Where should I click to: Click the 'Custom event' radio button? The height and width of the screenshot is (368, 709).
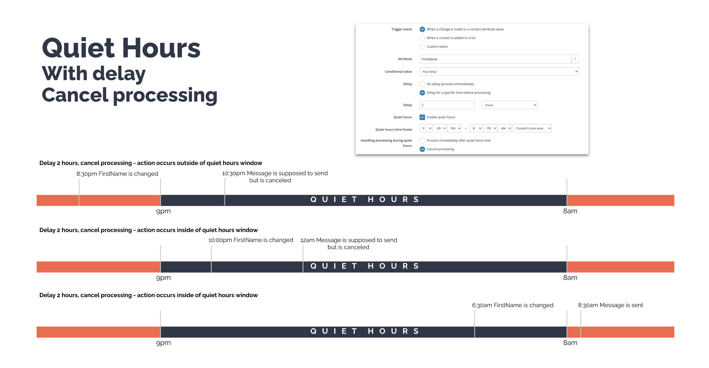(422, 46)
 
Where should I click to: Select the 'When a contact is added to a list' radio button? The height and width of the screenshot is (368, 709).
(422, 38)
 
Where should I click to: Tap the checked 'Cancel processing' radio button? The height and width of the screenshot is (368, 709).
(422, 149)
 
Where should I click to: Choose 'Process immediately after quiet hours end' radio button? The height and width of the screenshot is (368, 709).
(422, 141)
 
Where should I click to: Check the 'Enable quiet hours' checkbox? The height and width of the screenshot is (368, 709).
(422, 117)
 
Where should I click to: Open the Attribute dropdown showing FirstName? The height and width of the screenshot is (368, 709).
(499, 59)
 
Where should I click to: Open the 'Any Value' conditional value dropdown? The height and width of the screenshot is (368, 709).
(499, 72)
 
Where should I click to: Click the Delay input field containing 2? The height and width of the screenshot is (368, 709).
(447, 105)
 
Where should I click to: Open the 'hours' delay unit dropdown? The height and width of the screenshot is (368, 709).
(509, 105)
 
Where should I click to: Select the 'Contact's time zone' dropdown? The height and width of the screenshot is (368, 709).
(532, 128)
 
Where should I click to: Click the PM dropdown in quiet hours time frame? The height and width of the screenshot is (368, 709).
(455, 128)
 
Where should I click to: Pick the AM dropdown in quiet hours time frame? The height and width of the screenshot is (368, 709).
(505, 128)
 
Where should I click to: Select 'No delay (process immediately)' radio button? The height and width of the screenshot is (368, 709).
(422, 84)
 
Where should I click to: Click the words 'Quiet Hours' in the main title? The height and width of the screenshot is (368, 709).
(121, 48)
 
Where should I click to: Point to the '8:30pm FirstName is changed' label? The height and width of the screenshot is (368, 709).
(117, 174)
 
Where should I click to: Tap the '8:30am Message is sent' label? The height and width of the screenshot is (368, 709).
(610, 305)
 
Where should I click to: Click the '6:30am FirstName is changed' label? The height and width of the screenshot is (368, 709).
(512, 305)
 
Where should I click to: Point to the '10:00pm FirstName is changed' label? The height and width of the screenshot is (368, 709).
(250, 240)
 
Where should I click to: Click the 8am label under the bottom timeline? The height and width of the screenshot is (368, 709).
(570, 343)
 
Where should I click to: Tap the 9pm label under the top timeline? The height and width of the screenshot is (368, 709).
(163, 211)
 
